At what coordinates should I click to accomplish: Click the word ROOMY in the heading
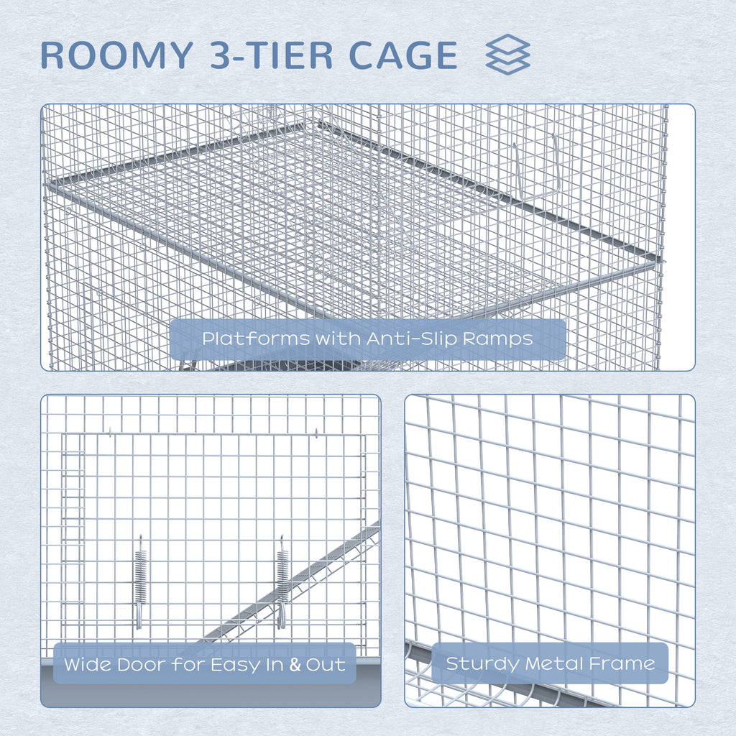coord(117,55)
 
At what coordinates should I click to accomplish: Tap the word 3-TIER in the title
coord(271,55)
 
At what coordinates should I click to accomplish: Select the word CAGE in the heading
coord(403,55)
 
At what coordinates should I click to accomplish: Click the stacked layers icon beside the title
coord(507,54)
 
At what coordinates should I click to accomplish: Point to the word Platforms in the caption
coord(256,339)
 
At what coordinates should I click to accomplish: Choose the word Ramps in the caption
coord(498,339)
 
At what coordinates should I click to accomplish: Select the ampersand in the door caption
coord(295,665)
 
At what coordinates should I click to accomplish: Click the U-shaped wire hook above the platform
coord(535,168)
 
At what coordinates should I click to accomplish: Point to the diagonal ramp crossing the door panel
coord(291,582)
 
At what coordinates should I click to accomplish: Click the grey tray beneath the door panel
coord(211,689)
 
